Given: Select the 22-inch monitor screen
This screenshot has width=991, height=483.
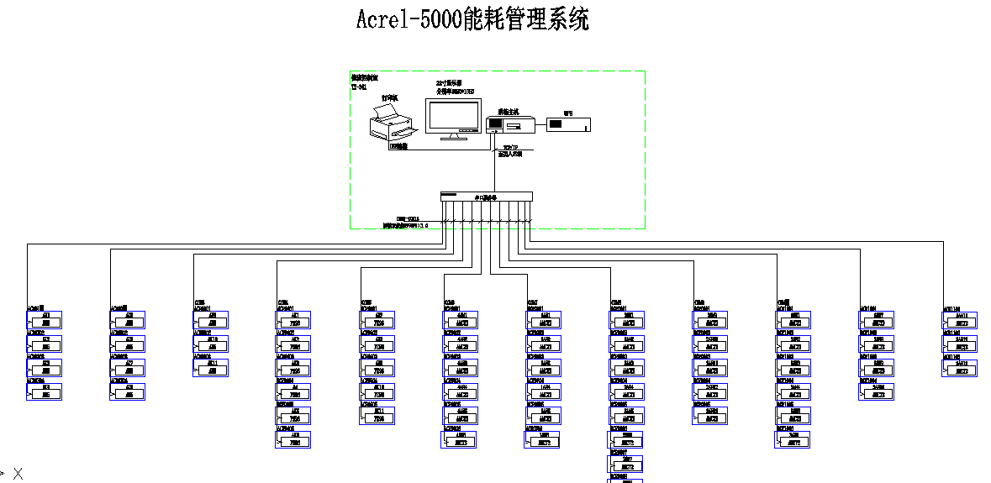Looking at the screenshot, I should point(453,114).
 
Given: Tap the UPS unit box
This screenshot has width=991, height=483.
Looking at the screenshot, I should point(568,124).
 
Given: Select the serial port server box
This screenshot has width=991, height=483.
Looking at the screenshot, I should point(486,197).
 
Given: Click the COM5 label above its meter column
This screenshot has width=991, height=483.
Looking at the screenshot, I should point(366,302).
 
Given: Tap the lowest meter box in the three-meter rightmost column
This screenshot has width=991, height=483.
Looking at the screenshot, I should point(961,367).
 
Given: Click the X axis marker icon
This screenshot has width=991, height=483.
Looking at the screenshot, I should point(17,475).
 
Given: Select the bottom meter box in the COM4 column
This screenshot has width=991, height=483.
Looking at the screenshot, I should point(293,439).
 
